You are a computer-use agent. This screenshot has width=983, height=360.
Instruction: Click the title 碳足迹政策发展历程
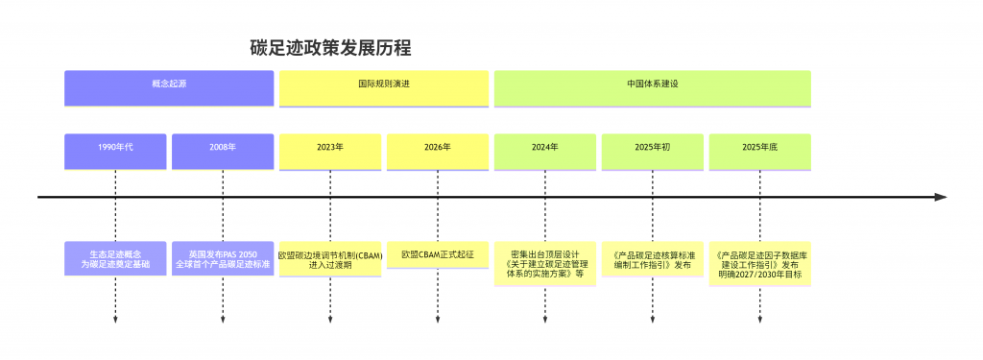[x=331, y=48]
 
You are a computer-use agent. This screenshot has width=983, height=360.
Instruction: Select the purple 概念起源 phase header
[x=169, y=87]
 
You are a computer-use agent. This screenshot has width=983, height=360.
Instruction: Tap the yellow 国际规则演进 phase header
[x=384, y=87]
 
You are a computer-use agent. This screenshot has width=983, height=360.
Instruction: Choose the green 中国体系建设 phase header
[x=653, y=87]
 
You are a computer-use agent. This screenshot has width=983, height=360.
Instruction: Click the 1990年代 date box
[x=115, y=151]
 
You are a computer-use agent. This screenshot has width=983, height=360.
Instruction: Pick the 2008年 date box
[x=223, y=151]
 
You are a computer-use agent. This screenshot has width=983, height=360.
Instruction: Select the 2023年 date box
[x=330, y=151]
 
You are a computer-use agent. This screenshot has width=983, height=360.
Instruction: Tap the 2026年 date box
[x=438, y=151]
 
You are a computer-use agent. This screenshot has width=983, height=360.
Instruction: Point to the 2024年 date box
[x=545, y=151]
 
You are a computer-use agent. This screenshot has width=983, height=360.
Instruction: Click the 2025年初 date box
[x=653, y=151]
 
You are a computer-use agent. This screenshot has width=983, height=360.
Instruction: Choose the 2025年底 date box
[x=760, y=151]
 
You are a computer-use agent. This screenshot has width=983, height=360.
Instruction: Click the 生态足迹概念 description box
[x=115, y=258]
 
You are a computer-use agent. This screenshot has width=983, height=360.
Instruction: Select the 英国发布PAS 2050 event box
[x=223, y=258]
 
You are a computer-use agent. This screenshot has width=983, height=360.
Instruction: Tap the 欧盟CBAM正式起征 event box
[x=438, y=254]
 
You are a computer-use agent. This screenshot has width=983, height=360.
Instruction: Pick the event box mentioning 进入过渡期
[x=330, y=258]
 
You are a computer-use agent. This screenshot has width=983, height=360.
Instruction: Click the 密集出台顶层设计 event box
[x=545, y=263]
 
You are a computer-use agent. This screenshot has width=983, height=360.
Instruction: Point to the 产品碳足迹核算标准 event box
[x=653, y=258]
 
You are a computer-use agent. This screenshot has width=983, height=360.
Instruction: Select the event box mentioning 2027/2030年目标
[x=760, y=263]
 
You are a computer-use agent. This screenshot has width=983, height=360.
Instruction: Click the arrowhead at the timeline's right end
[x=941, y=197]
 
